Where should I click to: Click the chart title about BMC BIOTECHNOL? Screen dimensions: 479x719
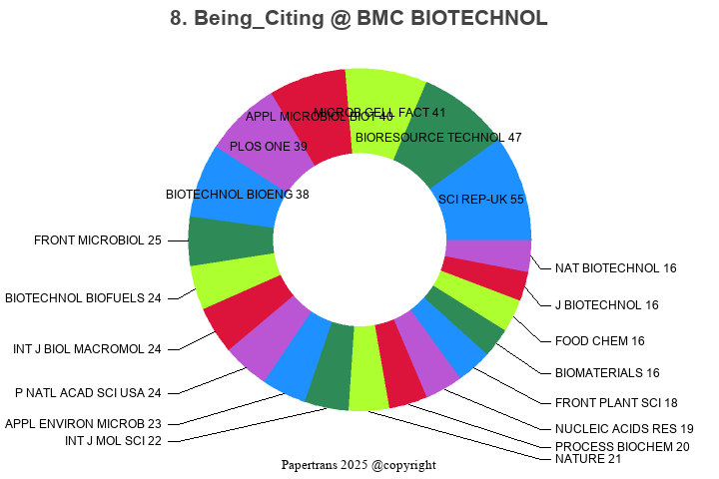tap(359, 19)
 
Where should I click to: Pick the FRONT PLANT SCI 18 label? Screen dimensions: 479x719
tap(616, 402)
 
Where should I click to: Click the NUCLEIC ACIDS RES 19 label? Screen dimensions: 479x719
tap(624, 428)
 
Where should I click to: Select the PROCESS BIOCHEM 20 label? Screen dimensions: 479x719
tap(622, 446)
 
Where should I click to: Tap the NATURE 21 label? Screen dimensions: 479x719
tap(588, 459)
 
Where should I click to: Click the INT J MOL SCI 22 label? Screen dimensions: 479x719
tap(113, 440)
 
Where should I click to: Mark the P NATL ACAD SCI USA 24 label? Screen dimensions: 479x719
tap(88, 392)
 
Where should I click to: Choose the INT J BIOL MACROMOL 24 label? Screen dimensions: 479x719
tap(87, 349)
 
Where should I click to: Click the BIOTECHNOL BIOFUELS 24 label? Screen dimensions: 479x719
tap(83, 297)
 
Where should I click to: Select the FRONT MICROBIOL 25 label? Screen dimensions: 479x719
tap(98, 240)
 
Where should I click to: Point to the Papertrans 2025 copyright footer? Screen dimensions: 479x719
tap(359, 465)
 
